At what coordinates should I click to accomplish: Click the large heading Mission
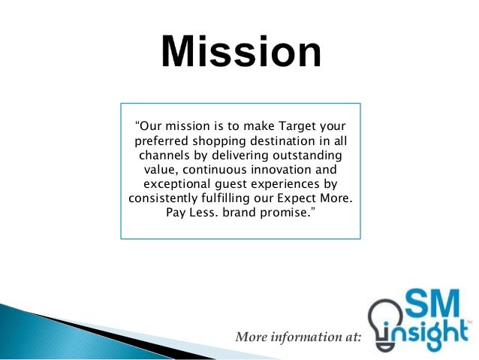point(241,53)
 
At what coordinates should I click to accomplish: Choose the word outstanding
point(309,155)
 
